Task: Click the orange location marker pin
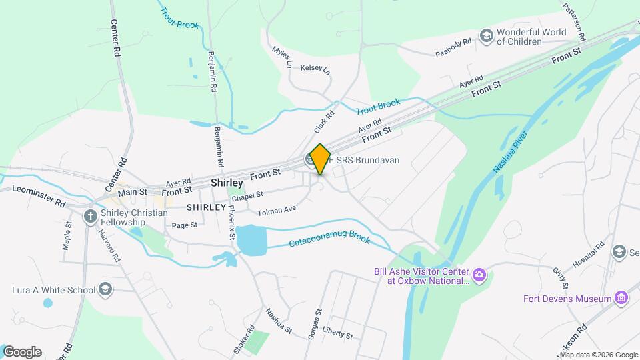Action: point(321,159)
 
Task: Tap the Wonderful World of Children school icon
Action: point(487,35)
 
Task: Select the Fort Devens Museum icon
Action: point(621,298)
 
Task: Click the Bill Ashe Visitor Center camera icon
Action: point(479,275)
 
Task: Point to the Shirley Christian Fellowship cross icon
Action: point(91,217)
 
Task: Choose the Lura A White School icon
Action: point(105,289)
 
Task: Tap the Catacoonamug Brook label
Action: point(329,241)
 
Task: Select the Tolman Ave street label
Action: point(277,211)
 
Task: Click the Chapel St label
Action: point(248,195)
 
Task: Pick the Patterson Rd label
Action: point(573,19)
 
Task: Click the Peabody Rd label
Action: point(454,47)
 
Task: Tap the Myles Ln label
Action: point(283,57)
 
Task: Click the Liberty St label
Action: point(337,333)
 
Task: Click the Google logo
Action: point(22,351)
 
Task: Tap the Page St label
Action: point(184,225)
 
